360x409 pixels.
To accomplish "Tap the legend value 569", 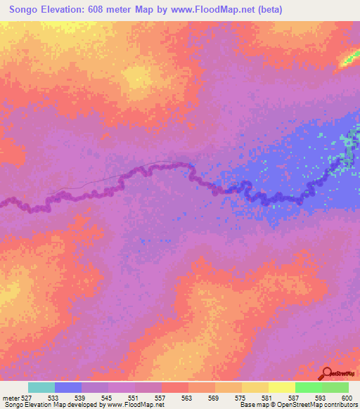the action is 213,397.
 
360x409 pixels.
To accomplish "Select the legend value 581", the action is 266,397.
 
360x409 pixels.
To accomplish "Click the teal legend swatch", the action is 41,387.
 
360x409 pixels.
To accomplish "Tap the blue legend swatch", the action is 68,387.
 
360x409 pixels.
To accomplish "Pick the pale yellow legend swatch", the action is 282,387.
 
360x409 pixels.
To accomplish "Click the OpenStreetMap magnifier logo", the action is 328,374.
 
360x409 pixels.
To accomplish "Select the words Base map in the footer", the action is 250,405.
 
